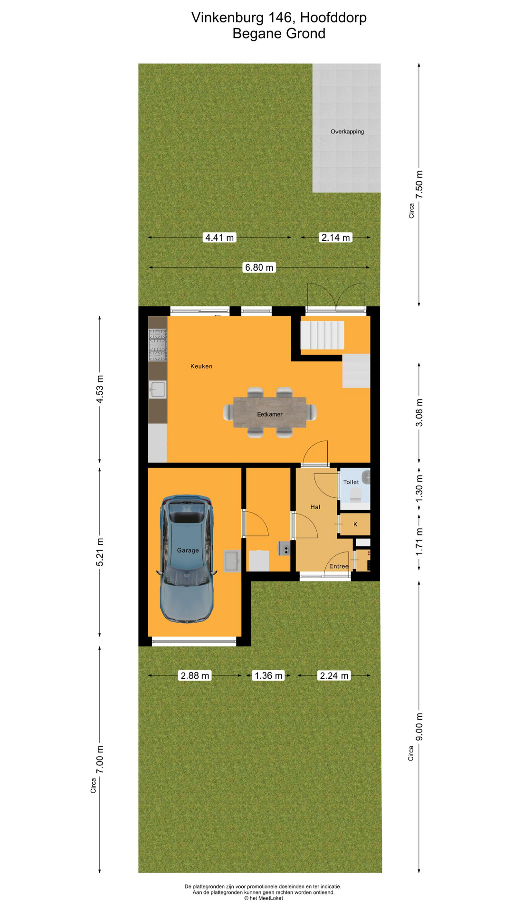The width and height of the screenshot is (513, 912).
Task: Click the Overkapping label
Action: point(347,132)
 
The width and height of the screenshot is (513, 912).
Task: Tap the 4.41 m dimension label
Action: point(219,237)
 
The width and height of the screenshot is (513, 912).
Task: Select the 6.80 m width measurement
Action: point(259,267)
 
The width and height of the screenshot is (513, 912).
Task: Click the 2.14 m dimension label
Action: point(335,237)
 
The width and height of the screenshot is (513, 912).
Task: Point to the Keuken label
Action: point(201,366)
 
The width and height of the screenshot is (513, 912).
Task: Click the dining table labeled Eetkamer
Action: point(269,412)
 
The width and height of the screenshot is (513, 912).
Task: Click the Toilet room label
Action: point(351,482)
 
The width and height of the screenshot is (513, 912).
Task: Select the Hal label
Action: point(315,507)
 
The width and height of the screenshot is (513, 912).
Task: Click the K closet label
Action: point(355,524)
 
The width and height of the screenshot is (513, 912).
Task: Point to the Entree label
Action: point(339,566)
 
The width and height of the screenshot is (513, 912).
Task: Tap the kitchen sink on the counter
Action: point(157,389)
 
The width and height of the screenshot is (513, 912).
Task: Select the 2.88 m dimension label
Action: point(194,675)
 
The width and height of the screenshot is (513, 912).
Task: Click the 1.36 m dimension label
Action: point(268,675)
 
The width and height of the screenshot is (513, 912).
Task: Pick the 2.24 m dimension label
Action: point(334,675)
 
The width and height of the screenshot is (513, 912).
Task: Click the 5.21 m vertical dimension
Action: point(100,552)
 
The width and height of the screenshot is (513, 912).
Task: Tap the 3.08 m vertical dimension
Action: point(419,412)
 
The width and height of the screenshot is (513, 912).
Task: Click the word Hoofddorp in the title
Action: point(333,18)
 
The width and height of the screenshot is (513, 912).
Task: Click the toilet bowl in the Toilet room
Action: point(355,496)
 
